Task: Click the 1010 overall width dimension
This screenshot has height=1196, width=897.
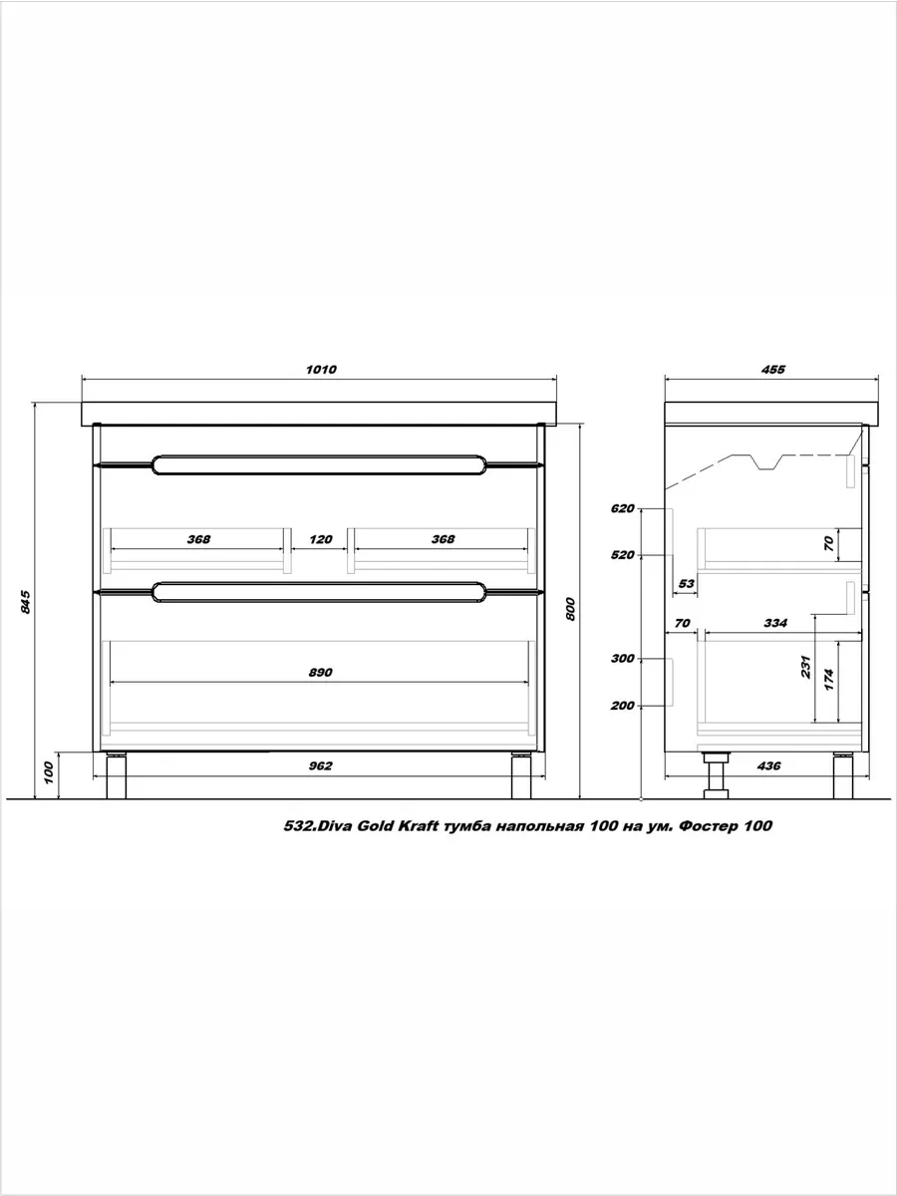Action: tap(321, 370)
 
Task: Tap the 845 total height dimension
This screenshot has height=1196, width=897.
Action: tap(26, 602)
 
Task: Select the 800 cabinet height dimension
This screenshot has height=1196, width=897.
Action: tap(570, 609)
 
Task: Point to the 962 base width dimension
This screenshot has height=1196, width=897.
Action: tap(320, 766)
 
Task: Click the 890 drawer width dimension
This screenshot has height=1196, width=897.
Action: tap(320, 673)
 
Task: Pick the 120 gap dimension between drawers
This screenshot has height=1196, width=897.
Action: tap(320, 539)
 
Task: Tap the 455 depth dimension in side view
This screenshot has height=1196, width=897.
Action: tap(773, 370)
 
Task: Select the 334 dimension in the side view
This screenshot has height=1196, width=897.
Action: tap(775, 623)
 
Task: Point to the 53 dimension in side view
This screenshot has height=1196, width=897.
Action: tap(687, 584)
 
